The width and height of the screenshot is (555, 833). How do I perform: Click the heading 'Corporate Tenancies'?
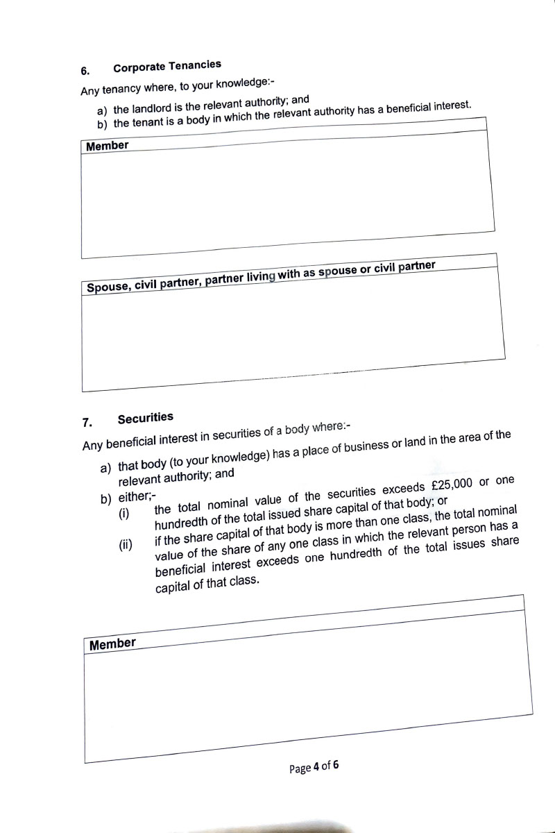pyautogui.click(x=167, y=66)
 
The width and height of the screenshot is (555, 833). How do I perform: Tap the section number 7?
pyautogui.click(x=87, y=422)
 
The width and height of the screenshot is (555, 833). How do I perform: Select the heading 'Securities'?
pyautogui.click(x=146, y=418)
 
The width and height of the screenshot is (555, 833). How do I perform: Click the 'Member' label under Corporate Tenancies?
pyautogui.click(x=108, y=146)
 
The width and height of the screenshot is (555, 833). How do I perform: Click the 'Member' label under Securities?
pyautogui.click(x=112, y=644)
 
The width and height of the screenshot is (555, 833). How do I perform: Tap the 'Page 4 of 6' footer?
pyautogui.click(x=314, y=768)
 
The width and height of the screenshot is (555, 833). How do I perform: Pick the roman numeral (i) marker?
pyautogui.click(x=124, y=514)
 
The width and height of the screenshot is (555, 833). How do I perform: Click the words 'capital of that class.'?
pyautogui.click(x=207, y=582)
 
